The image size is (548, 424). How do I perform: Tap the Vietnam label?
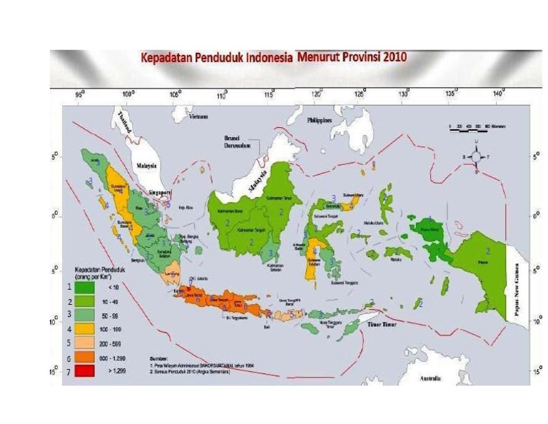(x=198, y=116)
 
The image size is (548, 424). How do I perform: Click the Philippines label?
(x=319, y=121)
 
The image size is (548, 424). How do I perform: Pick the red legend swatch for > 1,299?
(x=85, y=371)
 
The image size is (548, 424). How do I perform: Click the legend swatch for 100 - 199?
(x=85, y=329)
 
